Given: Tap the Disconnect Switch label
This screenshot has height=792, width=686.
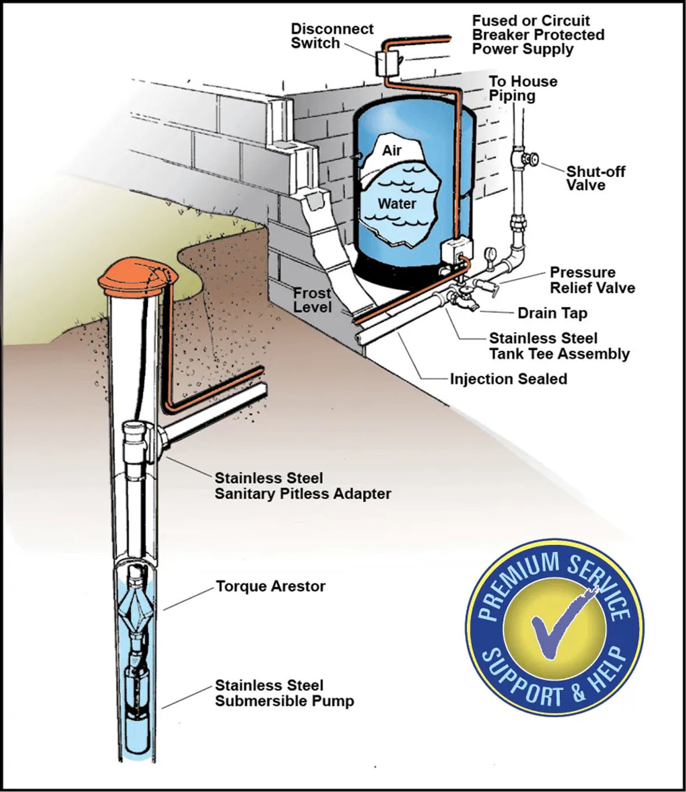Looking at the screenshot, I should click(331, 36).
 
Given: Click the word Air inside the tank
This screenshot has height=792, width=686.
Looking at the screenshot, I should click(391, 150).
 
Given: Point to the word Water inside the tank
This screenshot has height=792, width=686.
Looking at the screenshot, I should click(396, 203).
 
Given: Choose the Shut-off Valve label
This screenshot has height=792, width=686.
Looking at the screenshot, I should click(595, 178).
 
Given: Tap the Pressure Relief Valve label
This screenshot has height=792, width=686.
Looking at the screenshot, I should click(592, 280).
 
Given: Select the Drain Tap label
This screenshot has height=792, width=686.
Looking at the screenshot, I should click(552, 313).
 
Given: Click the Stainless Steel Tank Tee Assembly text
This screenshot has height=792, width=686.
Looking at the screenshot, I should click(559, 346).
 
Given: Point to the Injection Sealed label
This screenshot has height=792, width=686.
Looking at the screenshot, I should click(508, 378).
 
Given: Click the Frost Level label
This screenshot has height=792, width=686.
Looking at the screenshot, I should click(312, 300).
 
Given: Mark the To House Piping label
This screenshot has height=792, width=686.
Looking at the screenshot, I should click(523, 88).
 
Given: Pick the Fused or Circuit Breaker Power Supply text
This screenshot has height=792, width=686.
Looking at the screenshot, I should click(538, 35).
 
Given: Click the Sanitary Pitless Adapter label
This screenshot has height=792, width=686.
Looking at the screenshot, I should click(302, 485).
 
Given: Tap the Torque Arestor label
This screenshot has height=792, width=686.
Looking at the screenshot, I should click(270, 586).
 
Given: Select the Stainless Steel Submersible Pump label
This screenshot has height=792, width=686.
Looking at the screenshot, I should click(284, 693).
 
